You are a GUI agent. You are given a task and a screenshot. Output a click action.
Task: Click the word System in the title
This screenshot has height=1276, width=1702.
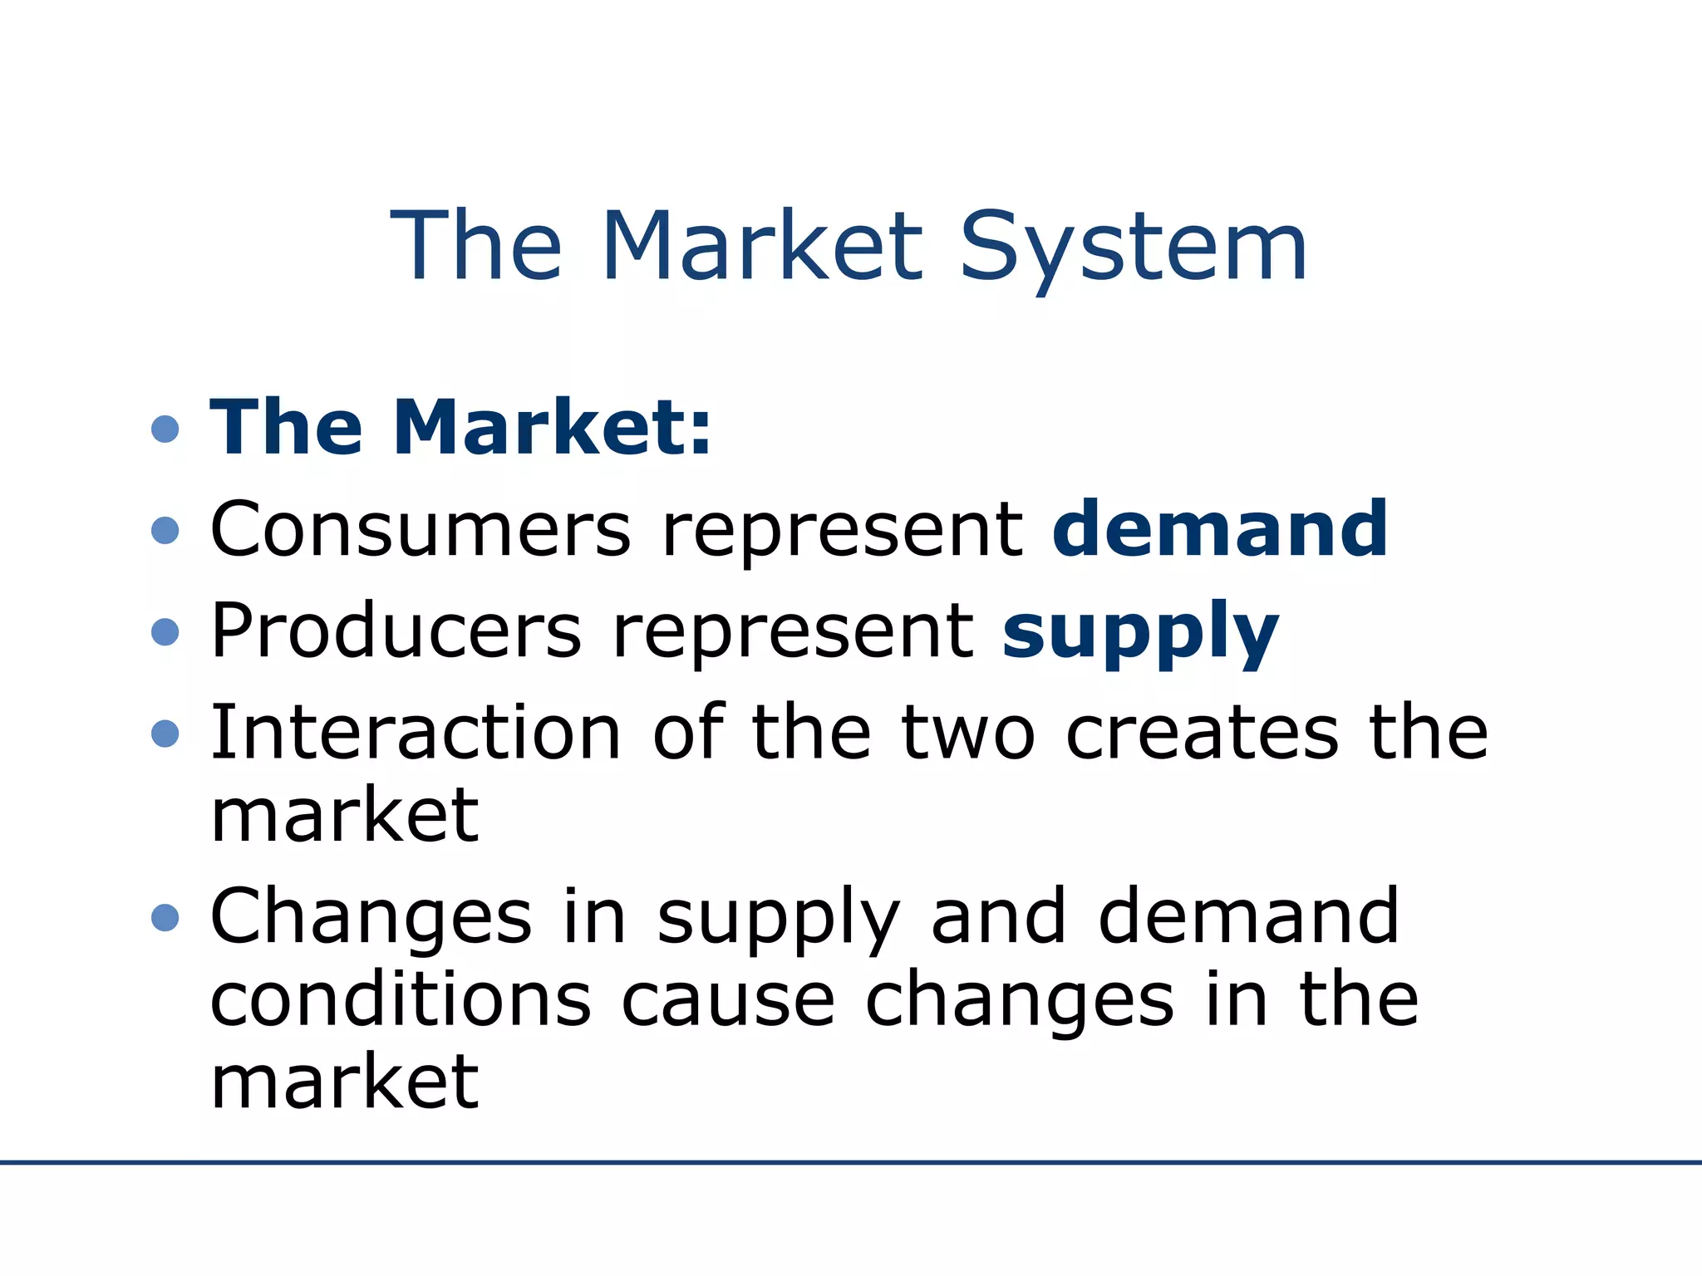click(1134, 248)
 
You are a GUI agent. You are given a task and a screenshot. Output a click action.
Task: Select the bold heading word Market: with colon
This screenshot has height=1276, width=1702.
click(552, 428)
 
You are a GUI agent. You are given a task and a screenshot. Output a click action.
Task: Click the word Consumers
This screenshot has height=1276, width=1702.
click(421, 529)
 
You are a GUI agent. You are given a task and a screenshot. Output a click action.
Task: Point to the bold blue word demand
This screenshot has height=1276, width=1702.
click(1219, 529)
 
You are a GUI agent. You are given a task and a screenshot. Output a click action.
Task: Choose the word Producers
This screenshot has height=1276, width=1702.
click(396, 631)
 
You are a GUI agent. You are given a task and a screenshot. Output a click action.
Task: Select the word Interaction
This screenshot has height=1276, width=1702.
click(416, 733)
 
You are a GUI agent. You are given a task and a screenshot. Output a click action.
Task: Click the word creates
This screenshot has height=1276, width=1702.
click(1202, 733)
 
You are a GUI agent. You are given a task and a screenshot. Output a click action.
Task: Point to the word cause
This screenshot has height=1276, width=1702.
click(728, 1001)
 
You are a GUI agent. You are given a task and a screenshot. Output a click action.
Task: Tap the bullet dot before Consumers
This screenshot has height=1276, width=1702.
click(165, 531)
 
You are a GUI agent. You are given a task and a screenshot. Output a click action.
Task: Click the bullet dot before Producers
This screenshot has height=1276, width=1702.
click(165, 632)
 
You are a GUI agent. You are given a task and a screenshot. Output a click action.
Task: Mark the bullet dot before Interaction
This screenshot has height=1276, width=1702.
click(165, 734)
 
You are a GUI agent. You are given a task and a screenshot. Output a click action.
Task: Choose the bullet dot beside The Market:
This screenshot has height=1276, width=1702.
click(165, 429)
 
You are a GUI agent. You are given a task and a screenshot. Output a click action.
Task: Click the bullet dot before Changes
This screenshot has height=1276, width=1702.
click(165, 918)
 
